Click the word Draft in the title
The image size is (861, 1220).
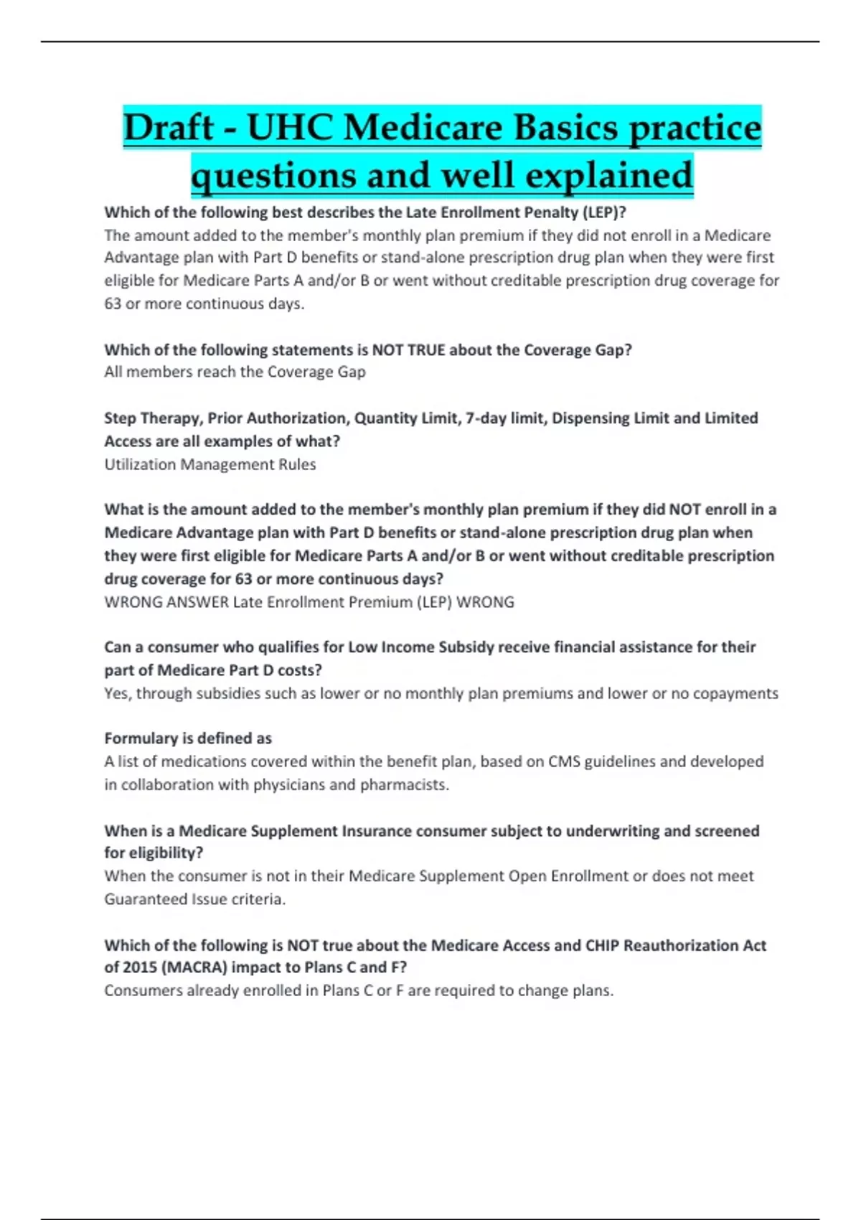point(169,128)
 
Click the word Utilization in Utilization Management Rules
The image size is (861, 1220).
point(140,464)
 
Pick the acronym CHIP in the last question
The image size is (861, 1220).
point(602,945)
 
